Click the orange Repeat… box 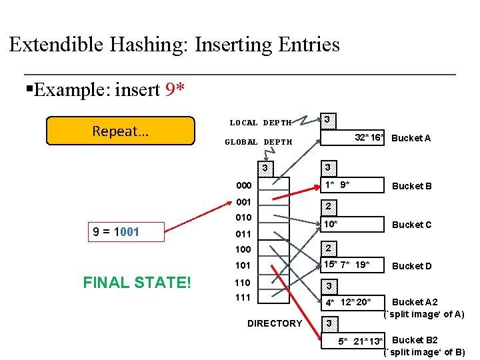120,131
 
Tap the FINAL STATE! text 137,283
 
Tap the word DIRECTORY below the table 274,323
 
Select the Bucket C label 411,225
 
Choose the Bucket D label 411,266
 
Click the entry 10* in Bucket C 330,223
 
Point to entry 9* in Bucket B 345,183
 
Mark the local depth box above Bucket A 327,120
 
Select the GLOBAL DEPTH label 258,142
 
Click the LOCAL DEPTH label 260,123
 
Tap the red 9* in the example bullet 175,89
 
